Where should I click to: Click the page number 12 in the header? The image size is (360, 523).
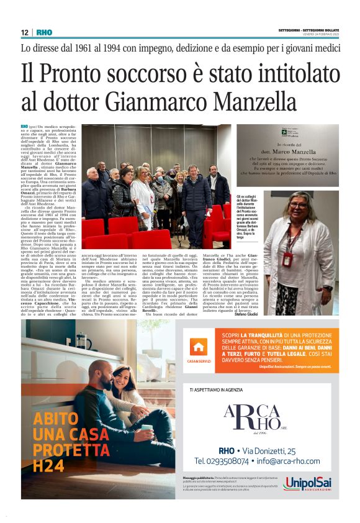tap(25, 32)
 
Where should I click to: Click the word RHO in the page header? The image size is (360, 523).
tap(44, 32)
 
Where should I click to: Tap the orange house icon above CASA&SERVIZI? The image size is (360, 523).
tap(199, 348)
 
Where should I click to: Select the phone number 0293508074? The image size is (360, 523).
tap(224, 462)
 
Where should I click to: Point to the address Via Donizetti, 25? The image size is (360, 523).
tap(273, 450)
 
